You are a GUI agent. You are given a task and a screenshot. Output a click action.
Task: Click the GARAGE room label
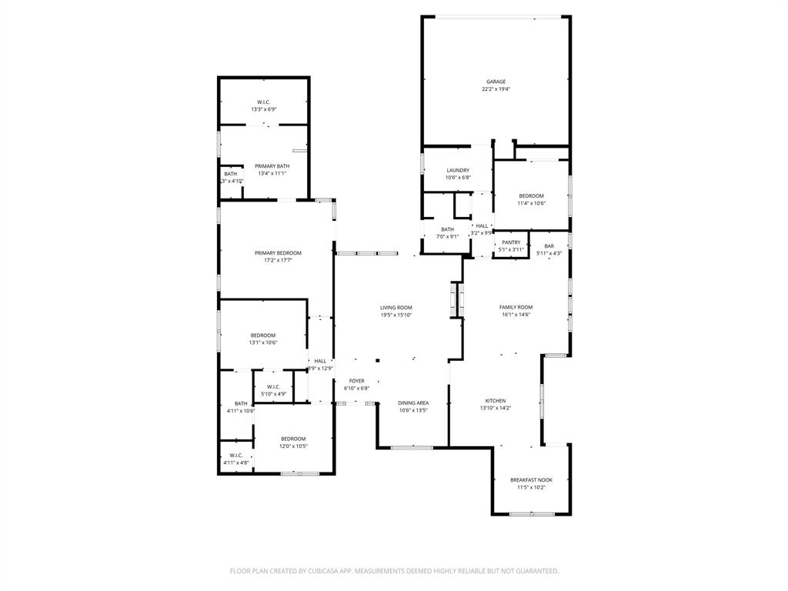496,82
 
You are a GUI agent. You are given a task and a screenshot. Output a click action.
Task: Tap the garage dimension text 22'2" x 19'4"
496,89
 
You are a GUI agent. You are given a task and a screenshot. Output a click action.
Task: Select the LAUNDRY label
457,170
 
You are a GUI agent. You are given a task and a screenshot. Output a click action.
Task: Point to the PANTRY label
511,242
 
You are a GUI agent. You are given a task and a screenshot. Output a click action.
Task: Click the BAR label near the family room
549,246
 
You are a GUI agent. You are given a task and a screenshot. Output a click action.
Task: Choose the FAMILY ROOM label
516,307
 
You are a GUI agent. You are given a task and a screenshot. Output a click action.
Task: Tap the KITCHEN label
495,401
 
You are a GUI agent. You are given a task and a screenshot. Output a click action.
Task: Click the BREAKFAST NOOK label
531,479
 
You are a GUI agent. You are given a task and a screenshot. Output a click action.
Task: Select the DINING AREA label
413,402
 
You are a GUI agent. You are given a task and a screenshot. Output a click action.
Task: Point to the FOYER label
356,381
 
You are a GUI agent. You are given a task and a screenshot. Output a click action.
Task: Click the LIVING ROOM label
396,307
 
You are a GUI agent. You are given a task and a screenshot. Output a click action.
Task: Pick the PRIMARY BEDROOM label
278,252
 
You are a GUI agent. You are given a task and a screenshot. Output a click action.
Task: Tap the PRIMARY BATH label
272,166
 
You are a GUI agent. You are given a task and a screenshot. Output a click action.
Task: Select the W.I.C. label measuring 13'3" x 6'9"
263,102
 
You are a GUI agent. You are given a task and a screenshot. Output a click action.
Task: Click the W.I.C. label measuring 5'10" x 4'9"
273,386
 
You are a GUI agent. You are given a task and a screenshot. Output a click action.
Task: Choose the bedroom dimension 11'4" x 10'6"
531,203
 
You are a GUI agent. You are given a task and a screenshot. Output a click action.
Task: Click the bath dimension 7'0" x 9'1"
447,236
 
